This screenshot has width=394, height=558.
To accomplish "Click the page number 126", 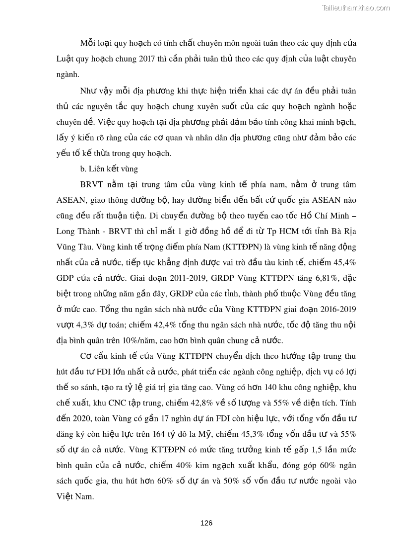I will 206,523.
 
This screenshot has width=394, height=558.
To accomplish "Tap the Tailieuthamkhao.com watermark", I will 356,7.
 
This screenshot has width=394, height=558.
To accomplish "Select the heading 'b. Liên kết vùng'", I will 109,169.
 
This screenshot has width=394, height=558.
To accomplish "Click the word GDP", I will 66,278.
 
